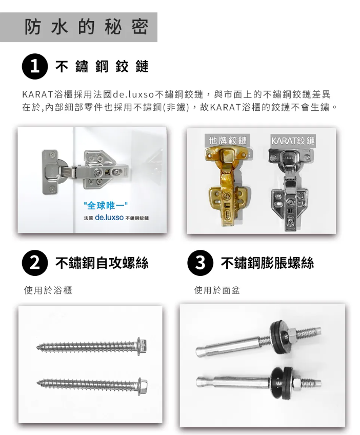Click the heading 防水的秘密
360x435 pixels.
[x=86, y=27]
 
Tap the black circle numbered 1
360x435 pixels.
[x=35, y=66]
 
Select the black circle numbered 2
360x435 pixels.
[x=35, y=263]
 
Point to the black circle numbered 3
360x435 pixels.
[x=200, y=263]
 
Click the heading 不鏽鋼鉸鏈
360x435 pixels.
[x=102, y=67]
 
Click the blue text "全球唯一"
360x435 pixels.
[x=106, y=206]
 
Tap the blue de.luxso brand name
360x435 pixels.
[x=109, y=217]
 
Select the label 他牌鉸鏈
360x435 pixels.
[x=228, y=140]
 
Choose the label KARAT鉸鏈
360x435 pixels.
[x=293, y=141]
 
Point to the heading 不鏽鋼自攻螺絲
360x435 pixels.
[x=102, y=263]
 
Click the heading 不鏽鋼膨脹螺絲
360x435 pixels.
[x=267, y=263]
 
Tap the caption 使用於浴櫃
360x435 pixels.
[x=48, y=290]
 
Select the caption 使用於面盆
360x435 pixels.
[x=217, y=290]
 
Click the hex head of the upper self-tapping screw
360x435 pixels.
[x=142, y=346]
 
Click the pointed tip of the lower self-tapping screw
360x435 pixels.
[x=37, y=383]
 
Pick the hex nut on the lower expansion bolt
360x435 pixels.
[x=295, y=383]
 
